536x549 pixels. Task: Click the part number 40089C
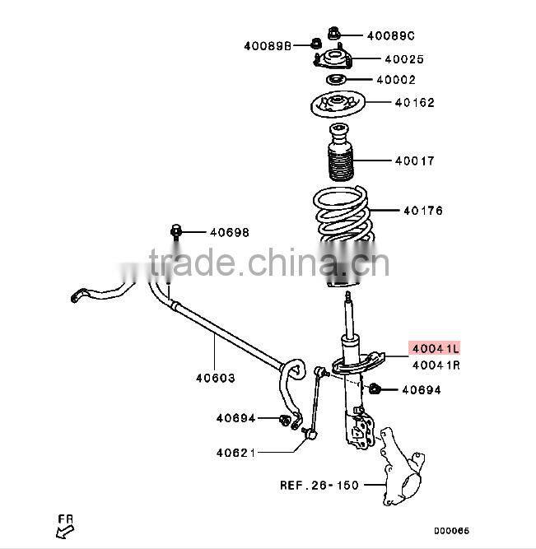point(390,35)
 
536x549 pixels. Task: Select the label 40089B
point(268,45)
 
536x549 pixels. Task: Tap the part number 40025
point(403,59)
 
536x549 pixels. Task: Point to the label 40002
point(396,81)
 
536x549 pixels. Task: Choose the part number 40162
point(414,103)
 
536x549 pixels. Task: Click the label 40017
point(414,161)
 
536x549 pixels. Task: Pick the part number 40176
point(422,211)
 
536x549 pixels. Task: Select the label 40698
point(228,233)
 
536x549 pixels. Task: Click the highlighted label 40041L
point(436,349)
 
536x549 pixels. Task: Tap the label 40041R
point(436,365)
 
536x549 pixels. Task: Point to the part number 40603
point(215,379)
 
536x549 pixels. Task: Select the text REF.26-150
point(319,485)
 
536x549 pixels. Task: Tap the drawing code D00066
point(451,531)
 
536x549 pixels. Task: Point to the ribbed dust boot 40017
point(339,156)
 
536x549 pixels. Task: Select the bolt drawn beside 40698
point(175,232)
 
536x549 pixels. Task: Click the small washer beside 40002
point(335,80)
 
